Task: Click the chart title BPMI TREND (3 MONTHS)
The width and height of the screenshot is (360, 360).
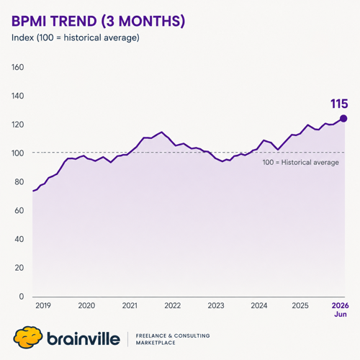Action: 99,21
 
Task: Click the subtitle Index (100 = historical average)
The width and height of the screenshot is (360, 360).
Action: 76,38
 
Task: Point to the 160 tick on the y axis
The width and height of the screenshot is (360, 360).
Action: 18,67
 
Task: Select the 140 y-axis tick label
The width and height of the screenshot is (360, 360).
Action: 18,96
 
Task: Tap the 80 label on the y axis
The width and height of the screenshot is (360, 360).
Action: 19,182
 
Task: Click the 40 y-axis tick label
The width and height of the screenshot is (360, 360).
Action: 19,239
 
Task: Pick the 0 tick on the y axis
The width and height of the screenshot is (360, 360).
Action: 22,297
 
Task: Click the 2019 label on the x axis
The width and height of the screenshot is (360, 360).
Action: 43,305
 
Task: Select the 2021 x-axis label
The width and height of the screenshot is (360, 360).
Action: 130,305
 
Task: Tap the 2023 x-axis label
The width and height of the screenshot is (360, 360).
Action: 216,305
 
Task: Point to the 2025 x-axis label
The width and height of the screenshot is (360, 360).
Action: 300,305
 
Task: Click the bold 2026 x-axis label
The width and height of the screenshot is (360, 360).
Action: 341,305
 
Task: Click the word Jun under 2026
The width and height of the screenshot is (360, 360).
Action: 341,314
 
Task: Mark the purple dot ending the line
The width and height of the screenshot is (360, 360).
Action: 343,119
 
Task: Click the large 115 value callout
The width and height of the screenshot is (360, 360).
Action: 339,104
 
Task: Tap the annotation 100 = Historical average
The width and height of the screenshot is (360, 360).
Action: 301,163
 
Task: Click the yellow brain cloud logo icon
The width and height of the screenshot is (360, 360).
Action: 28,337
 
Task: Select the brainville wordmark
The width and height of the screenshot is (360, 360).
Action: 84,338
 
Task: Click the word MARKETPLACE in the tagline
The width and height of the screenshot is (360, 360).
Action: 156,343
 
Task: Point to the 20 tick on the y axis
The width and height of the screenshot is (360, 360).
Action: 19,268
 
